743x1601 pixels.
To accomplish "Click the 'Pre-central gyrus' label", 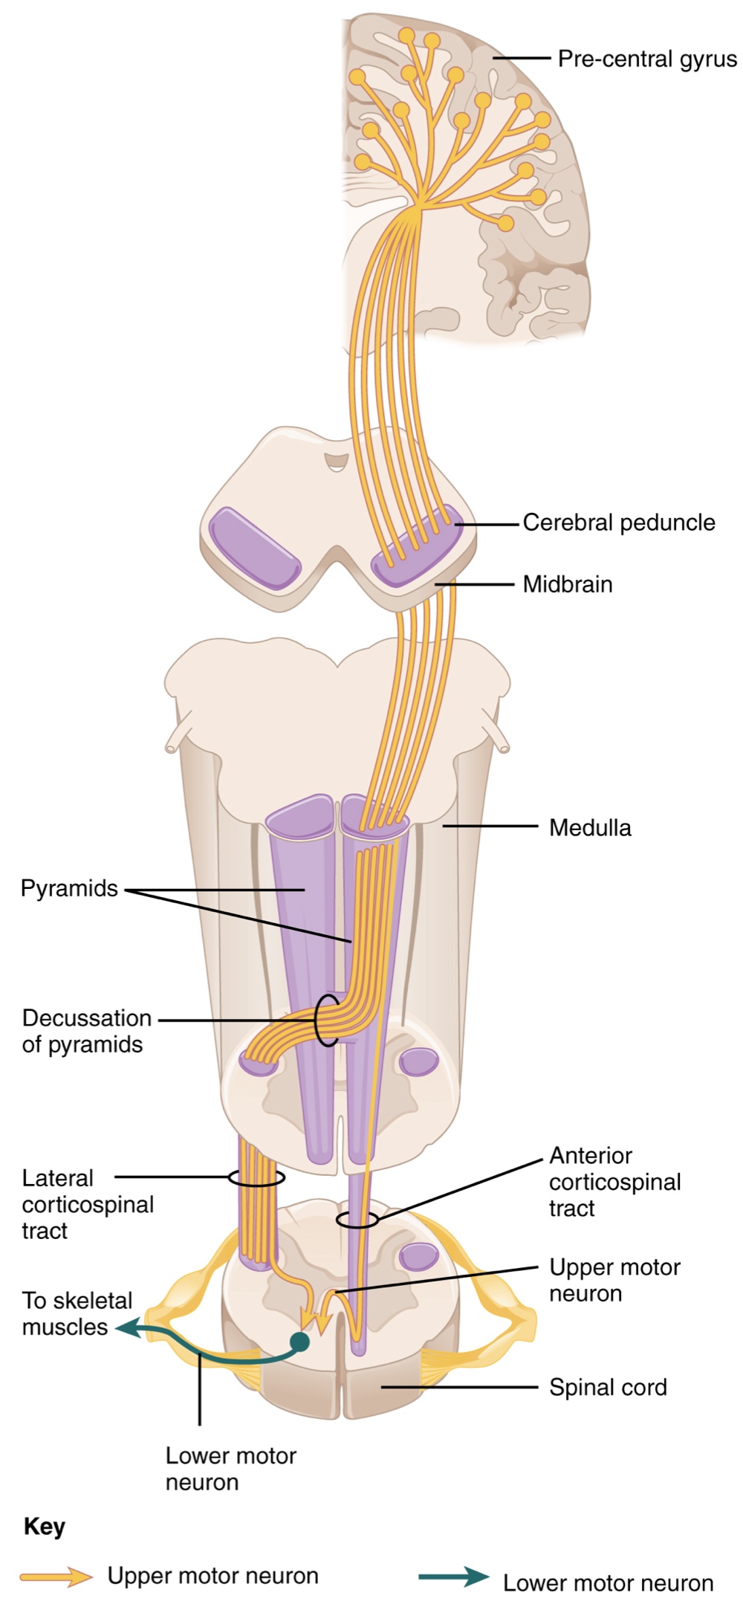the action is pos(646,59).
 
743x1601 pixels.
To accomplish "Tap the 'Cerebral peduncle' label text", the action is pos(618,523).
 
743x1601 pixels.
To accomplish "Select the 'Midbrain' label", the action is pos(567,584).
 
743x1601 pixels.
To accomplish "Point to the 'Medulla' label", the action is pos(590,827).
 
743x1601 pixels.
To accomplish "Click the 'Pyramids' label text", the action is pos(69,888).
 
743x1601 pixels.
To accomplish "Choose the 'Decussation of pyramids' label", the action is pos(85,1031).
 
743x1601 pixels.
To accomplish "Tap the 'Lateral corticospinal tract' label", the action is pos(87,1204).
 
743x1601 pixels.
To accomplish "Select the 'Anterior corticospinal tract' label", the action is pos(614,1182).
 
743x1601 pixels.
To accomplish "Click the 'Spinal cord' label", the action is pos(608,1387).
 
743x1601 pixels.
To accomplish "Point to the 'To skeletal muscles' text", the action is pos(76,1313).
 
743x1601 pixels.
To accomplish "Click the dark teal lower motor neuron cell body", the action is pos(299,1341).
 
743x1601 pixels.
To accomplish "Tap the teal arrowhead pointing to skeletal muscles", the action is pos(126,1327).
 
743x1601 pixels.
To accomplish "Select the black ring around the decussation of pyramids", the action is pos(325,1020).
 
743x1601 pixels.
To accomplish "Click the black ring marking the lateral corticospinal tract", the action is pos(256,1177).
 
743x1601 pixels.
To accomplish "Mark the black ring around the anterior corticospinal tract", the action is pos(357,1219).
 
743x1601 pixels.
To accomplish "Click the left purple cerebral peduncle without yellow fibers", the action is pos(254,549).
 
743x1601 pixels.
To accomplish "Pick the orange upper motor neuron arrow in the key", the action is pos(56,1576).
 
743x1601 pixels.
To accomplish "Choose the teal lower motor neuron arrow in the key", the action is pos(453,1576).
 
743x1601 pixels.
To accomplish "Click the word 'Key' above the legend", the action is pos(44,1527).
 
